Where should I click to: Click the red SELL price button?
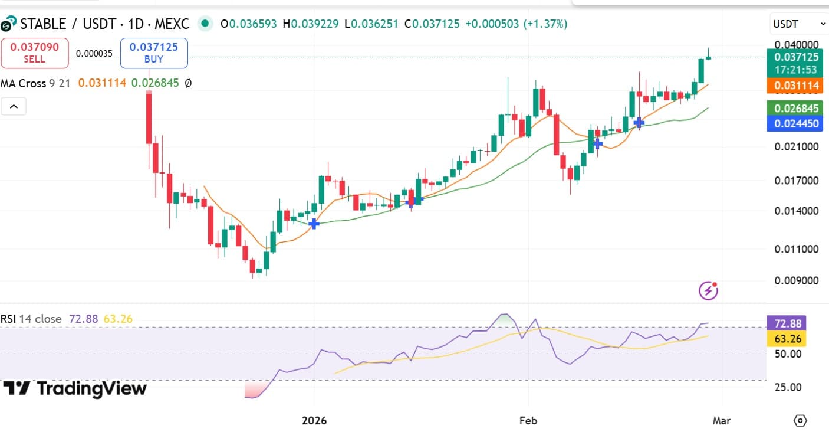(35, 53)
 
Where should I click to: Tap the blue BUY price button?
(154, 53)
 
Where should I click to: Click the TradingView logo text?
(75, 388)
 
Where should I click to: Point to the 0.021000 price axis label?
(797, 146)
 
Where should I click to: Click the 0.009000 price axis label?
(797, 280)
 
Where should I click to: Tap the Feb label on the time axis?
(528, 421)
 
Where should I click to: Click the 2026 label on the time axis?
(314, 421)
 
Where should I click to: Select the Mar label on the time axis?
(722, 421)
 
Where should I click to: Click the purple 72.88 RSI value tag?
(787, 323)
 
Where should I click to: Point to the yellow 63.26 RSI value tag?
(787, 339)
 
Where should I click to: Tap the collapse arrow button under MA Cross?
(14, 107)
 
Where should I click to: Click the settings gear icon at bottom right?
(800, 421)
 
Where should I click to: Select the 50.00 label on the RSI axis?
(788, 354)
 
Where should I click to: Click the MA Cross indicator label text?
(24, 83)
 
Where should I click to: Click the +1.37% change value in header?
(548, 24)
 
